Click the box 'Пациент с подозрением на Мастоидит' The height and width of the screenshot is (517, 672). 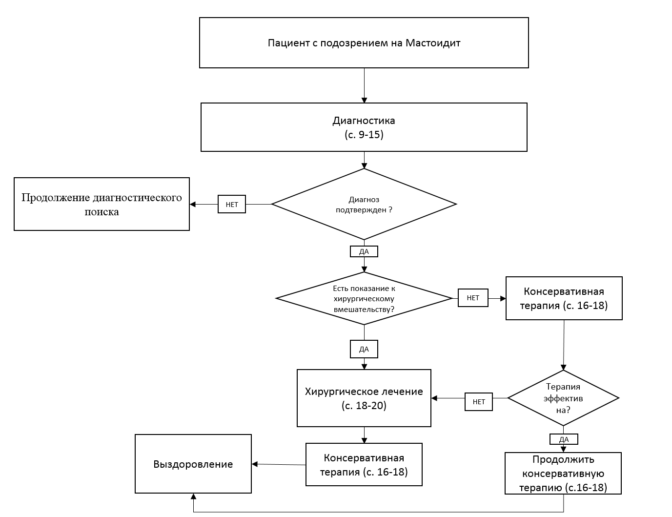[x=364, y=42]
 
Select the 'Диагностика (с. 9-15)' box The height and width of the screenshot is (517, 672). [x=364, y=127]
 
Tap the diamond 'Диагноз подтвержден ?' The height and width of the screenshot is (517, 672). [x=364, y=204]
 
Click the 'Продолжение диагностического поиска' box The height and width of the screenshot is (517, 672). [x=102, y=204]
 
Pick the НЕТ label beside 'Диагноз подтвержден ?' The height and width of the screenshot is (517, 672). [x=232, y=204]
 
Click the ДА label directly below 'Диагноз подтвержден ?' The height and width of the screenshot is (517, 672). [x=364, y=251]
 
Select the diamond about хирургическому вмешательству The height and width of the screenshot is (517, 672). [x=364, y=298]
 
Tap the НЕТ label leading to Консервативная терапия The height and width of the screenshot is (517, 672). [x=473, y=298]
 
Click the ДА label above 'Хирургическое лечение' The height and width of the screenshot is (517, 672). [x=364, y=349]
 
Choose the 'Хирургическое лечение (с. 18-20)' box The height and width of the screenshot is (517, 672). [x=364, y=398]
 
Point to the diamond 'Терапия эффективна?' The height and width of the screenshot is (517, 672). [x=563, y=398]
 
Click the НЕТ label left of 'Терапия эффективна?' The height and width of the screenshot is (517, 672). [x=478, y=402]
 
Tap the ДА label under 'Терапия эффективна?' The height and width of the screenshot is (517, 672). [x=564, y=439]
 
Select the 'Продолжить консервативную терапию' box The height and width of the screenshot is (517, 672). [x=563, y=473]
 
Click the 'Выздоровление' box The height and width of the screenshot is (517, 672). [x=193, y=464]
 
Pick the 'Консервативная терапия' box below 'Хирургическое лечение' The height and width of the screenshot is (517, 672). [x=364, y=464]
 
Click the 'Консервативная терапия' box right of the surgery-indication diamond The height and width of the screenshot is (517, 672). [x=564, y=298]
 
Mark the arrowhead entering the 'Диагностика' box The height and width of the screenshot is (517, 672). [x=364, y=100]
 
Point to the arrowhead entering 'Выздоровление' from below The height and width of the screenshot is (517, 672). [x=194, y=496]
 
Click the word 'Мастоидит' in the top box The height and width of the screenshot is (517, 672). [x=433, y=42]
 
